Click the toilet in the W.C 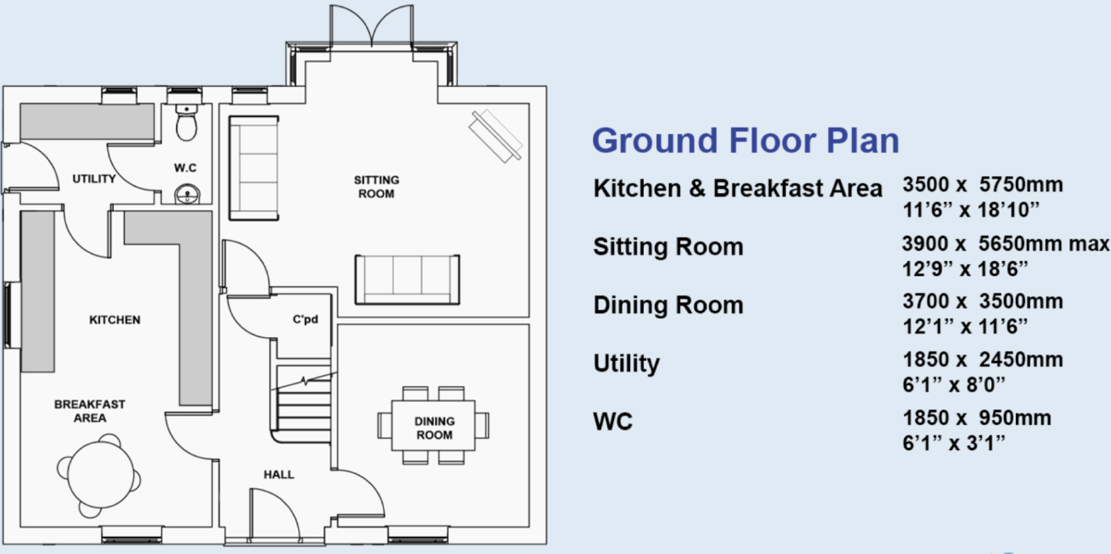[186, 124]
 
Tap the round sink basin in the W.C [187, 195]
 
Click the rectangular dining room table [433, 426]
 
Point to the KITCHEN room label [114, 320]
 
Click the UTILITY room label [94, 179]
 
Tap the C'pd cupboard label [306, 320]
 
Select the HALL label [278, 475]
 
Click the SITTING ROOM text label [376, 187]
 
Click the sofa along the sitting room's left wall [254, 168]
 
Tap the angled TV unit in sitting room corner [496, 136]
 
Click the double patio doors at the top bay [371, 27]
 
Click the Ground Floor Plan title [745, 141]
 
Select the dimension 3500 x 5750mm [982, 185]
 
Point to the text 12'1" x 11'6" [965, 327]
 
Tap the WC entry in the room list [612, 421]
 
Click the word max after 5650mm [1089, 244]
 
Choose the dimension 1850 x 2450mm [982, 360]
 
